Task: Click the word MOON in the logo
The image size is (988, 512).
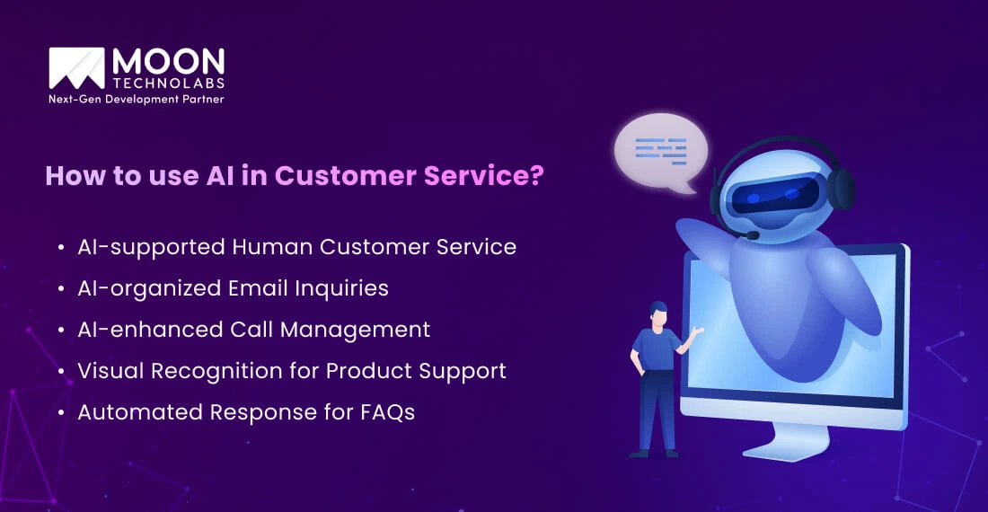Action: click(168, 61)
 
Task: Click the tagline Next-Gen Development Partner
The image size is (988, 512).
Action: click(137, 99)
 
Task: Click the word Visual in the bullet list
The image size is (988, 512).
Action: click(110, 370)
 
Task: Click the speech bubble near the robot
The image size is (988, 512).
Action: click(659, 151)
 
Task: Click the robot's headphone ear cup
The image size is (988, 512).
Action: click(841, 189)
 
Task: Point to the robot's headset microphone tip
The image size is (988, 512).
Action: click(753, 235)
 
